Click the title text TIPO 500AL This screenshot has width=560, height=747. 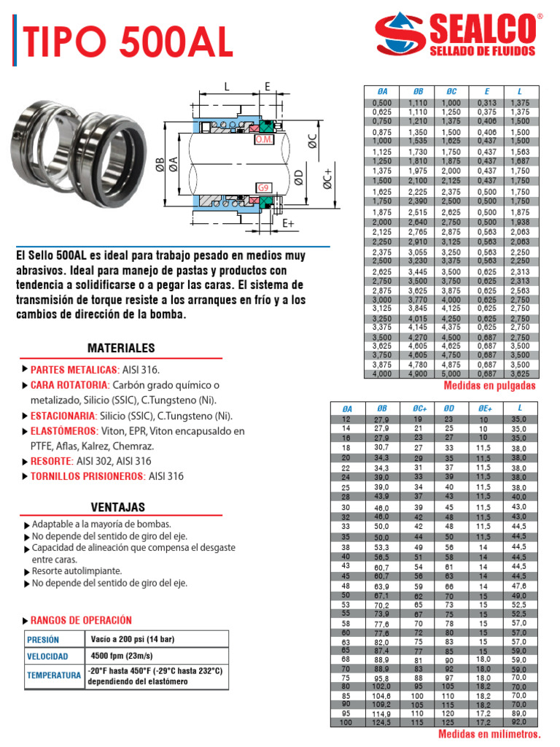tap(128, 42)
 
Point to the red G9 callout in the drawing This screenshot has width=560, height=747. tap(263, 187)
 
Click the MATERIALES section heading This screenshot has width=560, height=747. tap(121, 348)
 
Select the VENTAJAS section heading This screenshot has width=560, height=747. tap(117, 507)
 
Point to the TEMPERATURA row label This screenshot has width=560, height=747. tap(54, 676)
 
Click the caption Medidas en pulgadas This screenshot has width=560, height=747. tap(489, 385)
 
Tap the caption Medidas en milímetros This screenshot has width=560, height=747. tap(489, 735)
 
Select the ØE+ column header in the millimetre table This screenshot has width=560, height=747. tap(483, 409)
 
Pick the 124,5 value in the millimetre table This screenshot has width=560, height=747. tap(381, 722)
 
